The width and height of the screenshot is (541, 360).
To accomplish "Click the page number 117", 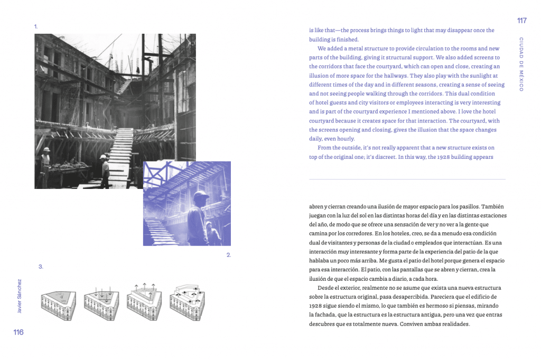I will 521,21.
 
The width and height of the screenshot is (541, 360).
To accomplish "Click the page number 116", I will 18,332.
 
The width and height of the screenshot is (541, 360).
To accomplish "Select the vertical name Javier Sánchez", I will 20,296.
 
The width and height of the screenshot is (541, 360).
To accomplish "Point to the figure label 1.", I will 36,26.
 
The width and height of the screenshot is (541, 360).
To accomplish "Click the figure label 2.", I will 229,255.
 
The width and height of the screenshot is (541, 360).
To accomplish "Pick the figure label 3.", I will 41,267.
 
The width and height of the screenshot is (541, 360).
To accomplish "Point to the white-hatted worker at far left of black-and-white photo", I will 46,152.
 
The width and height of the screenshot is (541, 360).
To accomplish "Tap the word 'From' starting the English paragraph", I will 325,148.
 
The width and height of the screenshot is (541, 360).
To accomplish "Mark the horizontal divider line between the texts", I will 407,179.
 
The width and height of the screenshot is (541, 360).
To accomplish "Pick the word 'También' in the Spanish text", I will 495,206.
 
